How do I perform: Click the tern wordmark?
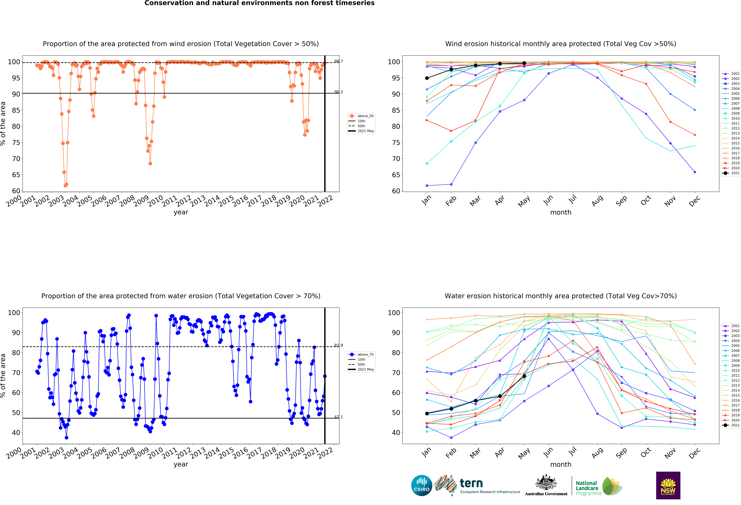coord(471,483)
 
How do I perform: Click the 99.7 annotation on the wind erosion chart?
coord(339,61)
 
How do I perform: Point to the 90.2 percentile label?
coord(339,92)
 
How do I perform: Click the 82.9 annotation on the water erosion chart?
coord(339,345)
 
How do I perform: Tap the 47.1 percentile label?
coord(339,417)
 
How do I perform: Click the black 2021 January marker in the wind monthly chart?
coord(427,78)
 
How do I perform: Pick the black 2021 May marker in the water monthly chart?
coord(524,376)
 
